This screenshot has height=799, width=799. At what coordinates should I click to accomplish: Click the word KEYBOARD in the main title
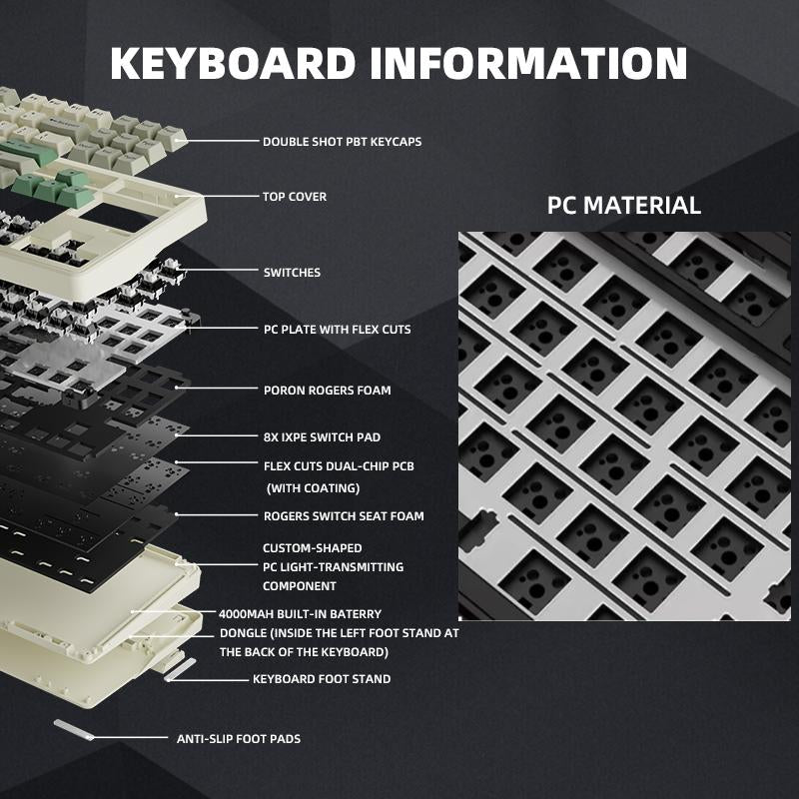233,62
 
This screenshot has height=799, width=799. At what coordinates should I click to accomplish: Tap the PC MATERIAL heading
624,207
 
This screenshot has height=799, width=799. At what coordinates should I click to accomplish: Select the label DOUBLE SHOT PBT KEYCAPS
342,142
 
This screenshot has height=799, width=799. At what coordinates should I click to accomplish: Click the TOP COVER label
295,197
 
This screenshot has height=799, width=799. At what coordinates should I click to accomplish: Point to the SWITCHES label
292,272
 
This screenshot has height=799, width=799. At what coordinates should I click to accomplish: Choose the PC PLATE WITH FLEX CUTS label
337,329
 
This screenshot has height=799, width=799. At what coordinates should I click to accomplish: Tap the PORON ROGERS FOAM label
327,391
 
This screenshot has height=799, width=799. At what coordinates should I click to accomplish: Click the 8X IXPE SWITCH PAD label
322,437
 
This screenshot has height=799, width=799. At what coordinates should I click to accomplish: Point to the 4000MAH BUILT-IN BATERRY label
300,614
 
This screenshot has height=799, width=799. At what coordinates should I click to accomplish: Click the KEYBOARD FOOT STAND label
321,679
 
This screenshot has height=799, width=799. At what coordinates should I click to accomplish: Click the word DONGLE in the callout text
244,633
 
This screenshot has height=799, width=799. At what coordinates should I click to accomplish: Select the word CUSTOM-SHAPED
312,548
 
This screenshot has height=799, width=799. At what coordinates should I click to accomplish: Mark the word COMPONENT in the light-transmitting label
299,586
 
